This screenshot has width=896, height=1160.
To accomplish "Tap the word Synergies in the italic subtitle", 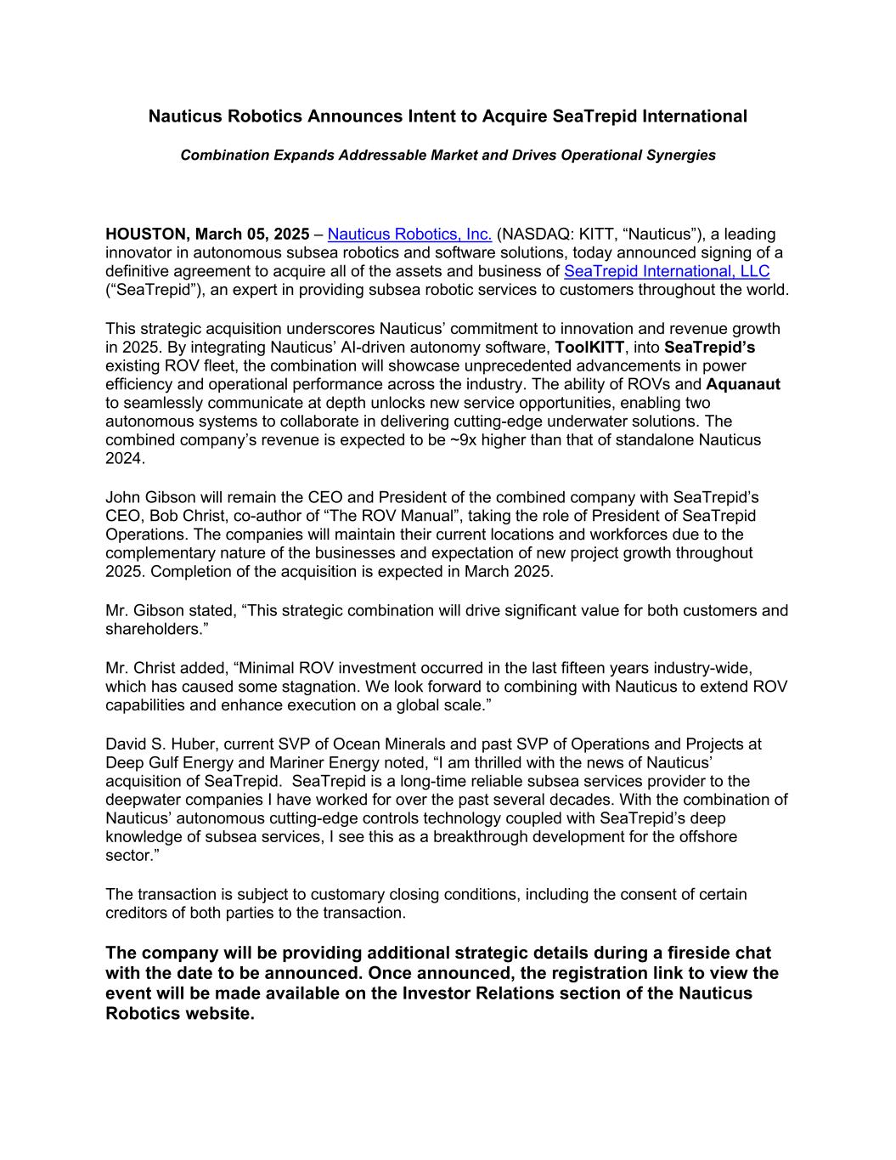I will tap(683, 156).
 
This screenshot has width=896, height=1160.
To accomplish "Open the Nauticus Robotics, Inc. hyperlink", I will tap(409, 235).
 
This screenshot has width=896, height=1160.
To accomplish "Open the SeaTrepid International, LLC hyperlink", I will tap(667, 272).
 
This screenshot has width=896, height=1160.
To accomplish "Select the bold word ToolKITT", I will tap(589, 348).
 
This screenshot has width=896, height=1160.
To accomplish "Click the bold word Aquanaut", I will tap(743, 385).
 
